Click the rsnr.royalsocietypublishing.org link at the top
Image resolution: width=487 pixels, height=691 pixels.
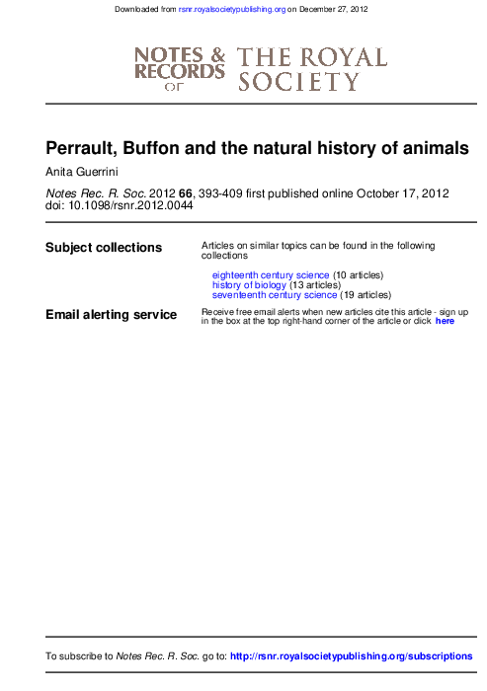[x=232, y=9]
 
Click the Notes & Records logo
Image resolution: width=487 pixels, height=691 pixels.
[x=180, y=69]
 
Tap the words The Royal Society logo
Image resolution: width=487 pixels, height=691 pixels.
[x=312, y=69]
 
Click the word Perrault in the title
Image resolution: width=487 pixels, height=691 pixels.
[x=82, y=148]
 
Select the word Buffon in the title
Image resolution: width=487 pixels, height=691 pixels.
[x=151, y=148]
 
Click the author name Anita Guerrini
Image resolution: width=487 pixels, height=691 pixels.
[x=82, y=172]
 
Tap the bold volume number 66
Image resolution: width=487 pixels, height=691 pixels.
[x=186, y=193]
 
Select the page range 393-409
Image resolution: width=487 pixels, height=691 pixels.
[x=220, y=193]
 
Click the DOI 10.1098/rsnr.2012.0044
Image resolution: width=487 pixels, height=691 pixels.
[x=130, y=205]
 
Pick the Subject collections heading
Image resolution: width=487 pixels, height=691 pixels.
[x=104, y=247]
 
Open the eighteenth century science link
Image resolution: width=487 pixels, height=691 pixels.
[x=271, y=275]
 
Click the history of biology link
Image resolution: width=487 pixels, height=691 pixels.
[x=249, y=285]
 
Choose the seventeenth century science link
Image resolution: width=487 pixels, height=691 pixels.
[x=275, y=295]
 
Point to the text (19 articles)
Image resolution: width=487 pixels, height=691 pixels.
[x=365, y=295]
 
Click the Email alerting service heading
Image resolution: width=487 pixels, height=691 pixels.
[x=112, y=314]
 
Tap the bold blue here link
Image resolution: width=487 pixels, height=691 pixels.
[x=445, y=321]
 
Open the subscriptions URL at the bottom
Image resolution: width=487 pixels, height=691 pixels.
[x=351, y=656]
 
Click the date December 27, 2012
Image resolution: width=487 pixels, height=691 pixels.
[x=334, y=9]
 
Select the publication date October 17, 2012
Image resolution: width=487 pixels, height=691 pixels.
[x=403, y=193]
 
